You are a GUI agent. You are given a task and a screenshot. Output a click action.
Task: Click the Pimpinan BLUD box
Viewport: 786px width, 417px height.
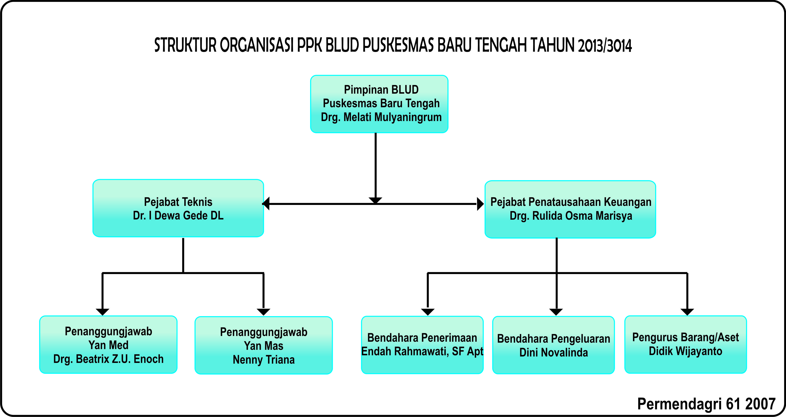(379, 104)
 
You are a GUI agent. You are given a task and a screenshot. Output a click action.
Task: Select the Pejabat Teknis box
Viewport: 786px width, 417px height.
(178, 208)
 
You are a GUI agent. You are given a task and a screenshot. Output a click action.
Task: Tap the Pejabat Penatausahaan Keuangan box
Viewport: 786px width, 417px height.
(570, 209)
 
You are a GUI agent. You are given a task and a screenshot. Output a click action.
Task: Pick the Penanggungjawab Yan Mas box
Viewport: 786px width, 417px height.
(264, 345)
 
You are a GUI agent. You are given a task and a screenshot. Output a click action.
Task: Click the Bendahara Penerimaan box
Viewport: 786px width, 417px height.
(422, 345)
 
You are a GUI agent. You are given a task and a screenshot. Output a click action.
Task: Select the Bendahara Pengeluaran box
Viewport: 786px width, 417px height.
(554, 345)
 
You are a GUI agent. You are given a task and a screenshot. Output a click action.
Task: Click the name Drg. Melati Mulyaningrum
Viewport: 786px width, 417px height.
(381, 117)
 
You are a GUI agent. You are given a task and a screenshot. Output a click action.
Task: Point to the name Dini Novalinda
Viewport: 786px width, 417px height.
(554, 352)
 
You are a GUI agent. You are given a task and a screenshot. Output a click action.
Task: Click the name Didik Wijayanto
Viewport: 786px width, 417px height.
(685, 351)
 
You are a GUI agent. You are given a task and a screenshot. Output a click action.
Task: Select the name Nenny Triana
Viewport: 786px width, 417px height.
(264, 360)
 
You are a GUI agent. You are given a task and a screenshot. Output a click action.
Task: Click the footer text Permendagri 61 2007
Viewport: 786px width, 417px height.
(706, 404)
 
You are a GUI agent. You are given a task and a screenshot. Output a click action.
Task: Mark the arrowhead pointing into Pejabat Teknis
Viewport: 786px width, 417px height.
(266, 203)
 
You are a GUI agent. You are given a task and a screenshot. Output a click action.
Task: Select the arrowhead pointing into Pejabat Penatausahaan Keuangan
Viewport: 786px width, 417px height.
(480, 204)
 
